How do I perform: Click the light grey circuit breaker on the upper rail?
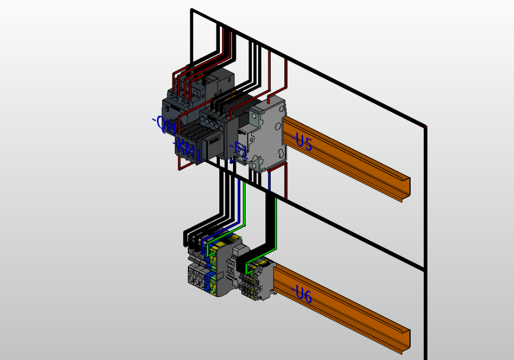(x=268, y=134)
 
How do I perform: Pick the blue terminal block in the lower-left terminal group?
(x=208, y=280)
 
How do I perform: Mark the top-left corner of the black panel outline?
(x=192, y=10)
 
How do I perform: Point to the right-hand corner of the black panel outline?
(x=425, y=126)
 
